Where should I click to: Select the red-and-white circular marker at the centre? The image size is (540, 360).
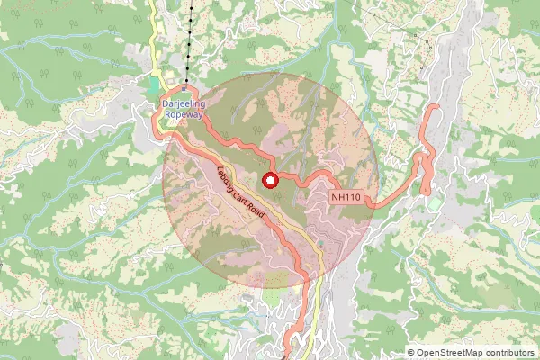click(269, 181)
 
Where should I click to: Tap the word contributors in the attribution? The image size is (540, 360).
click(513, 354)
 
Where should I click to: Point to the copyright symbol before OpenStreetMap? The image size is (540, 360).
click(411, 354)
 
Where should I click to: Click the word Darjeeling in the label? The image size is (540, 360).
click(183, 104)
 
